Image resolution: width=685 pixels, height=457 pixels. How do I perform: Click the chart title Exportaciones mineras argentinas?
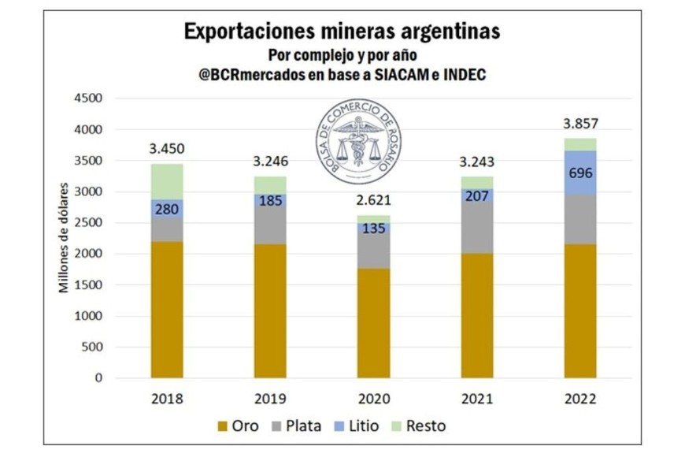tap(342, 32)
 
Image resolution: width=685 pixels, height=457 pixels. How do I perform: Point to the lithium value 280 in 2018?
tap(167, 210)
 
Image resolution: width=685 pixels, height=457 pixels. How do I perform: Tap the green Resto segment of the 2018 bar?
tap(167, 181)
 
